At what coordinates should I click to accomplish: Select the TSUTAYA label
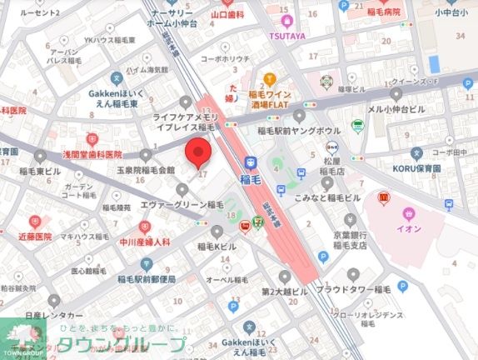tap(286, 37)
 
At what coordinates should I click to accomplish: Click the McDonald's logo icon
tap(384, 197)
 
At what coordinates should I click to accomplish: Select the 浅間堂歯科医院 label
tap(82, 154)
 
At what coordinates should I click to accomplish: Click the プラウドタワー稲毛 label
tap(353, 288)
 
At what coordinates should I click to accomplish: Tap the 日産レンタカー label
tap(54, 316)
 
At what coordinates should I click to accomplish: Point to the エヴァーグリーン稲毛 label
tap(182, 204)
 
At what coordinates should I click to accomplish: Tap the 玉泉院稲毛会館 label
tap(146, 169)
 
